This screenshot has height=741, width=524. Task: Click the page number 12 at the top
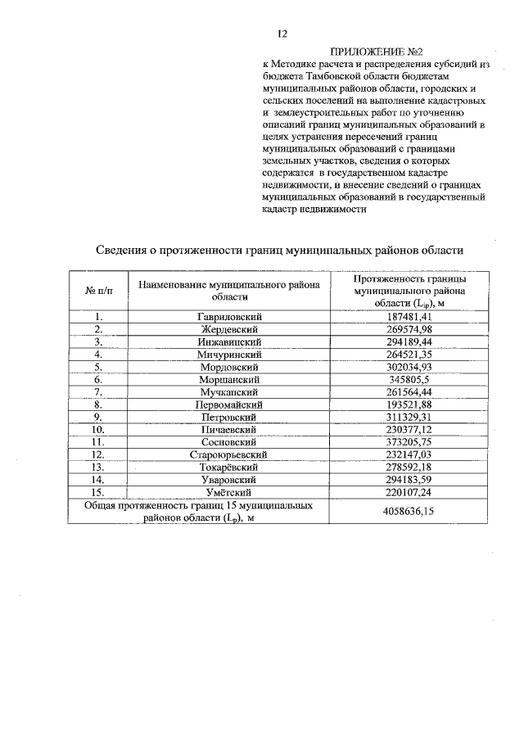pyautogui.click(x=282, y=34)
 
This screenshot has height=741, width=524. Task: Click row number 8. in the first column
pyautogui.click(x=98, y=404)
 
